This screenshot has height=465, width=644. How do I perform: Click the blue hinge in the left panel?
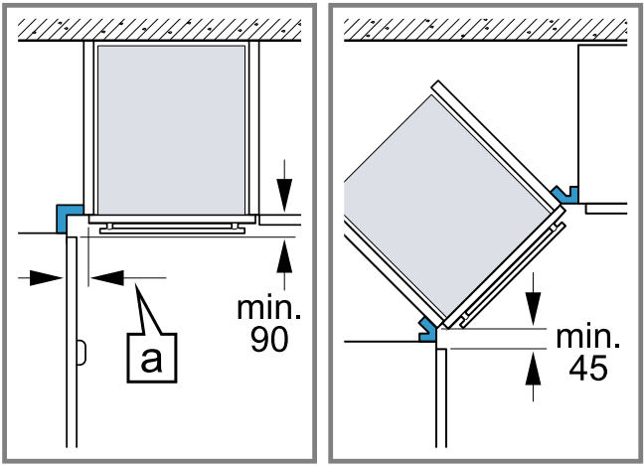[x=70, y=215]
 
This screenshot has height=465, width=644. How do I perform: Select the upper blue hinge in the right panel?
[x=566, y=192]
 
